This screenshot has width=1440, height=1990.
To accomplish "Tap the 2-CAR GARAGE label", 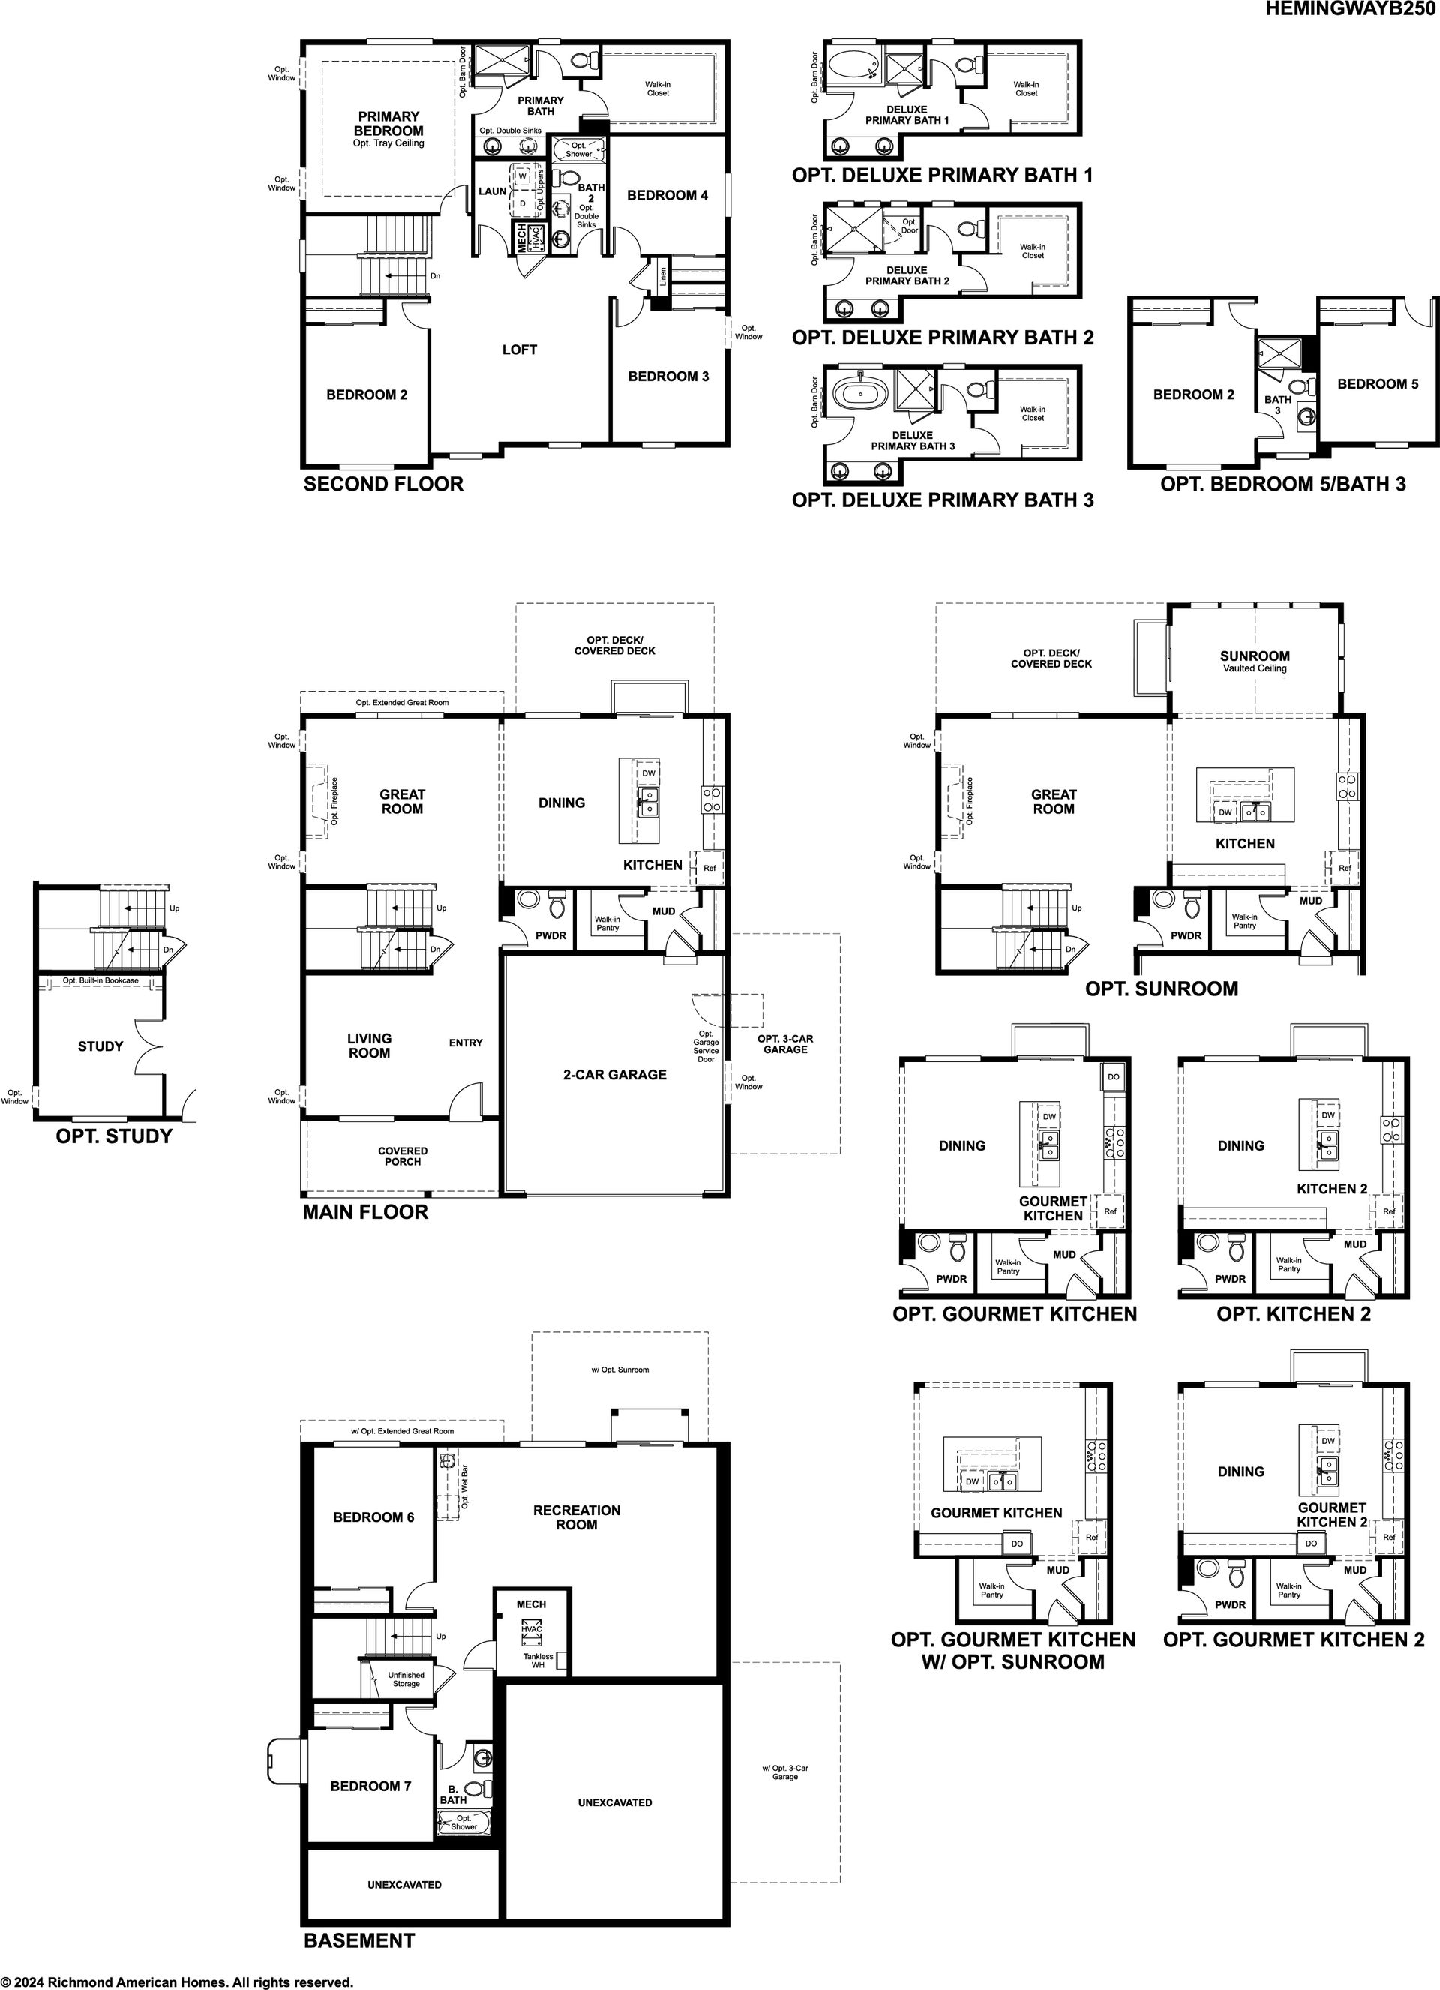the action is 614,1074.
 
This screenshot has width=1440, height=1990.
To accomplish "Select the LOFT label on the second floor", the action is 520,350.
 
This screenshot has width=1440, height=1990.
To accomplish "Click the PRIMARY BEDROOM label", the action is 388,123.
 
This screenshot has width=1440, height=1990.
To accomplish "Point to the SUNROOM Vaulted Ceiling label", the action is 1255,662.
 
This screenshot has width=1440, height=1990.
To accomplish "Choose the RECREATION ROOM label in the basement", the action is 577,1517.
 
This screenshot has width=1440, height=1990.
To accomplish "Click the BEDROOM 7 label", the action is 370,1785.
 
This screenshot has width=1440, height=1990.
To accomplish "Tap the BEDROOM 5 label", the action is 1378,383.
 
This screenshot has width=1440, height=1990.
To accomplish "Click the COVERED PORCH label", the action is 403,1156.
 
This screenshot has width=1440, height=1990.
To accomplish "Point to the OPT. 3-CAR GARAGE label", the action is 785,1043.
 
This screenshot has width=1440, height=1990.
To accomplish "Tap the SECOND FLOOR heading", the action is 383,484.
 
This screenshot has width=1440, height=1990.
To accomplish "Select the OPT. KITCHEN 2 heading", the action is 1294,1313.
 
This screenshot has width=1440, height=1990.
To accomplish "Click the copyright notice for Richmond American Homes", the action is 177,1982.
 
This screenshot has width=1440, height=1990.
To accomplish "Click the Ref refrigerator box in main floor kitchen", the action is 709,868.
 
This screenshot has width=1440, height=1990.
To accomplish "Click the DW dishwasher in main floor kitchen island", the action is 649,773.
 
